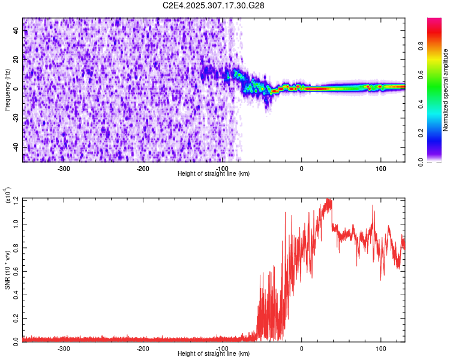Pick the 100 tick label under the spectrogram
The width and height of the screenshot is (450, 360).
(x=380, y=167)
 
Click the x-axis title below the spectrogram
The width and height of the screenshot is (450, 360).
(x=214, y=173)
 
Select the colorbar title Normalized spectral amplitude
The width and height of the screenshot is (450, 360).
(x=446, y=90)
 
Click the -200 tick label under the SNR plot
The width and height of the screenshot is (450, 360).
(x=143, y=348)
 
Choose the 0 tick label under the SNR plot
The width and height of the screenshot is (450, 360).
(x=301, y=348)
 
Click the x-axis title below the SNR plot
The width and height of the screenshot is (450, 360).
(x=214, y=354)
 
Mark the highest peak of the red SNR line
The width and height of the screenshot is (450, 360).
(x=328, y=199)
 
